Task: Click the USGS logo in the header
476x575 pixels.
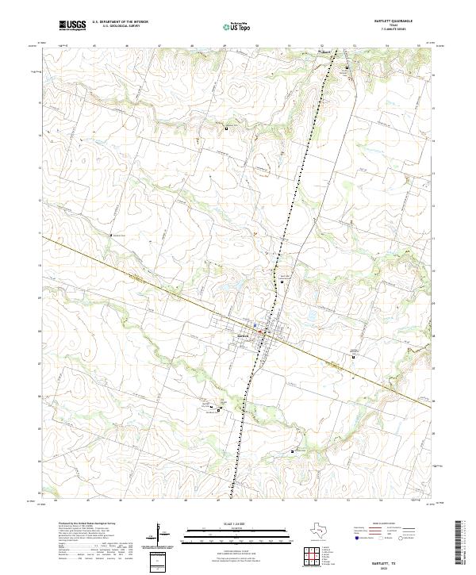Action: coord(72,25)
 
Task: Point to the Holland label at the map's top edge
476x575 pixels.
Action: coord(324,52)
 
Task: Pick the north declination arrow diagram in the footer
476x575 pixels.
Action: coord(162,533)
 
